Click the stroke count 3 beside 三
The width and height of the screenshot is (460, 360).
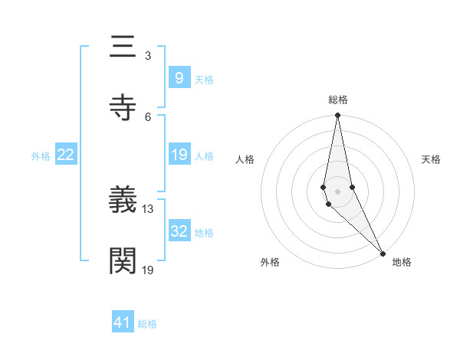147,56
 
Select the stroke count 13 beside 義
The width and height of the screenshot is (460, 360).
148,209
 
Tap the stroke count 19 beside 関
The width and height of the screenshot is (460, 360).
148,269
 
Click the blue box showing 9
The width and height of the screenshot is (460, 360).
179,77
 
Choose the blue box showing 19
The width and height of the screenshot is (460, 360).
179,155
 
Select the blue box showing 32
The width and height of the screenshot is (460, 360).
179,231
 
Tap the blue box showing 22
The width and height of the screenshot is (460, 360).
66,155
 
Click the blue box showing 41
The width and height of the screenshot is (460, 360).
123,322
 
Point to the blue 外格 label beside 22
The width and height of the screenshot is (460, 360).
41,156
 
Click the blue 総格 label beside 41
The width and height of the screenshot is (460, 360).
147,324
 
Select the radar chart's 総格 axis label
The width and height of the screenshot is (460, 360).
338,100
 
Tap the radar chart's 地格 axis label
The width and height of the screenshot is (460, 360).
402,262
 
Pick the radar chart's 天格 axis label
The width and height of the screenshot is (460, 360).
431,159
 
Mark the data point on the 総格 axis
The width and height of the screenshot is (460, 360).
337,116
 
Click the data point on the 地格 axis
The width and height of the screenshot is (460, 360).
383,252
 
